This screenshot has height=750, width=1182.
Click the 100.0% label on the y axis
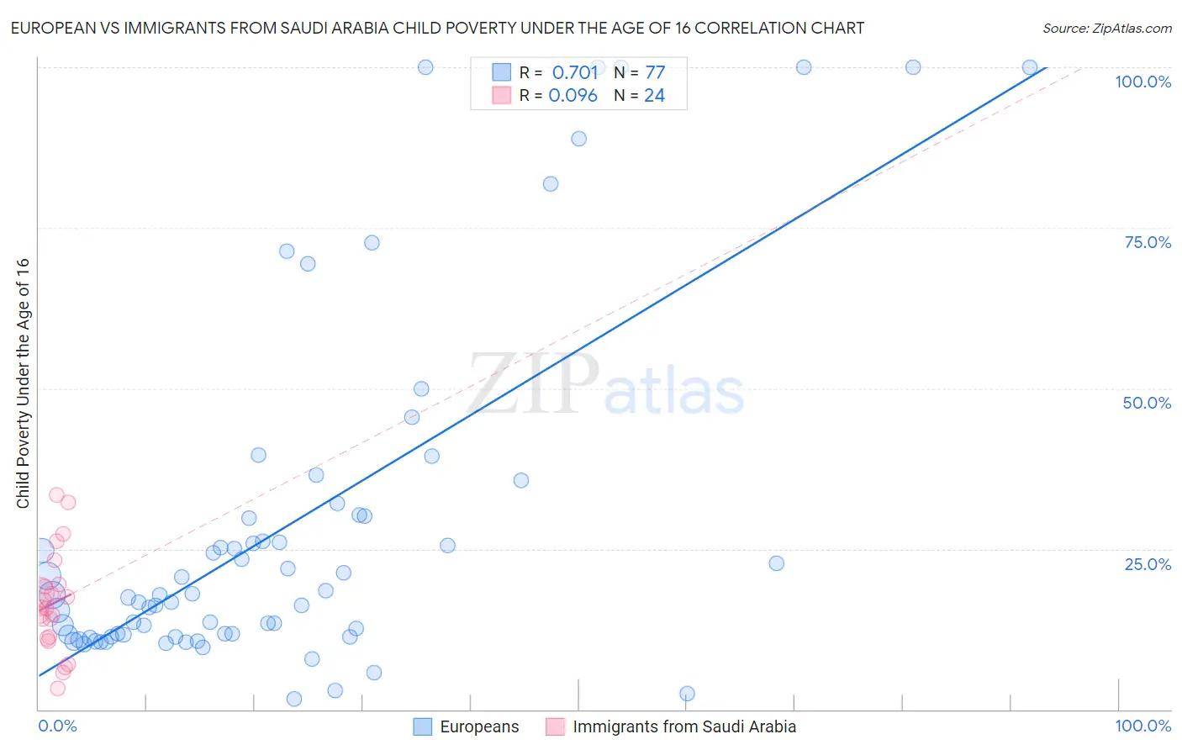1142,82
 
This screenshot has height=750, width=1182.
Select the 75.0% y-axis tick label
1148,242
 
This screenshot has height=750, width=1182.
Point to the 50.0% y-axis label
1147,403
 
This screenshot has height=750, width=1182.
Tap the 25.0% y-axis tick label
1148,564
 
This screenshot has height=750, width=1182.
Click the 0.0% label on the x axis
57,726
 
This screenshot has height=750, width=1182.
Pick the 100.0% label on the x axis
1142,726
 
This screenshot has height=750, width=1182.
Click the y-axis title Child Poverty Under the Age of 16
23,383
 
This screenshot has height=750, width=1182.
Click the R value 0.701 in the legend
574,72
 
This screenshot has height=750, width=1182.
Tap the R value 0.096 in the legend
573,96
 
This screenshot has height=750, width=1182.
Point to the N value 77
655,72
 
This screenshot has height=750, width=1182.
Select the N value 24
654,96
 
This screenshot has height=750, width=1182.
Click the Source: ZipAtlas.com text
1106,29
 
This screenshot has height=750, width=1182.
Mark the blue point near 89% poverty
578,139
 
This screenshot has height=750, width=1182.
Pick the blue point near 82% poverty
551,184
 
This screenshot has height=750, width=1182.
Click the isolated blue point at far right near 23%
777,563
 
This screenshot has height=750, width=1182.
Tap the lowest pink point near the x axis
57,689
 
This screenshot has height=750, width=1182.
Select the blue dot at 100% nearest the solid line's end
1030,67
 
